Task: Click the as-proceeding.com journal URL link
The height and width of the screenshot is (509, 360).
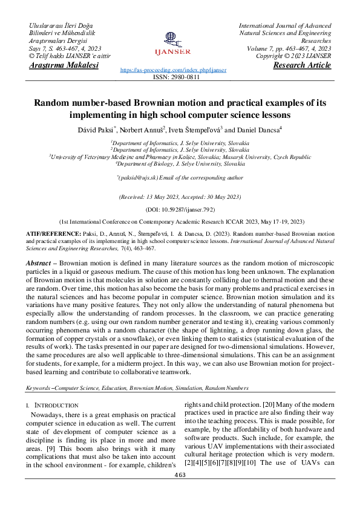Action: click(174, 70)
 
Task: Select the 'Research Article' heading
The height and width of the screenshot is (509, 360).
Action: click(302, 65)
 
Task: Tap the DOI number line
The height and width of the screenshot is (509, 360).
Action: click(180, 207)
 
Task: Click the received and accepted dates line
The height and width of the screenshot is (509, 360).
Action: click(180, 196)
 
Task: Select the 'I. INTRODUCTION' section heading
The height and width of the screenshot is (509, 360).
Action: click(52, 405)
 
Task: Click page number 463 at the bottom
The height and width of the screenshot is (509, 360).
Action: click(180, 475)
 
